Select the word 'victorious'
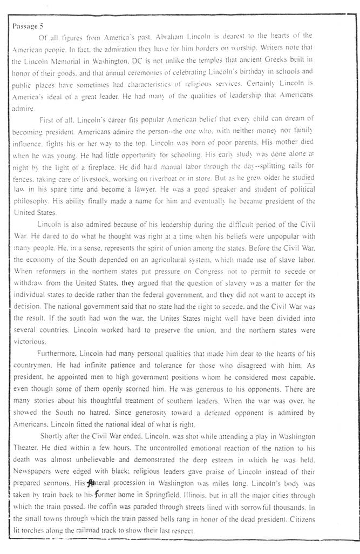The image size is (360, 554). point(29,341)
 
